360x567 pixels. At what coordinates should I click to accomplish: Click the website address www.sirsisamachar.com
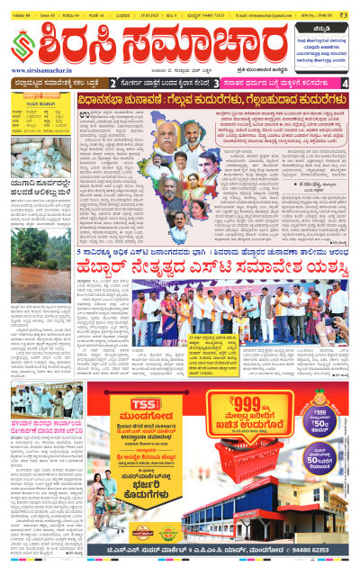42,70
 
